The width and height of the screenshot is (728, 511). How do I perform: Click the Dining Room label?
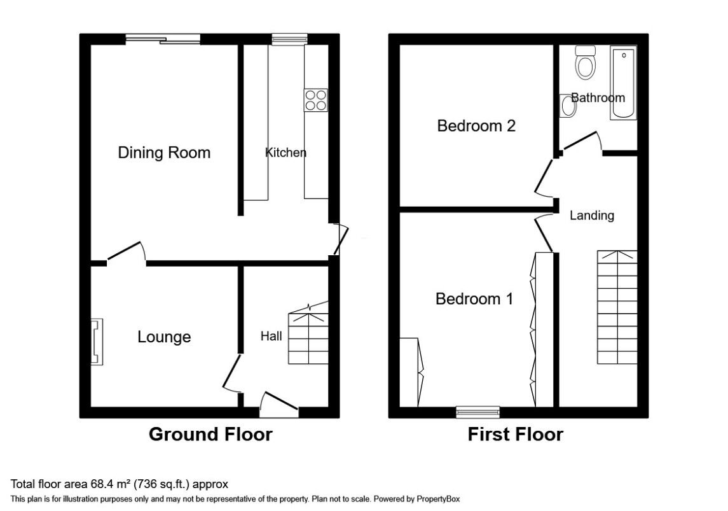coord(164,153)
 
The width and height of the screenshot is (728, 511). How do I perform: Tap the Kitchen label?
coord(285,153)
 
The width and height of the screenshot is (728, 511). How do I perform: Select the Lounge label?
coord(164,337)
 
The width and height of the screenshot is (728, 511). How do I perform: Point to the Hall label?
coord(271,336)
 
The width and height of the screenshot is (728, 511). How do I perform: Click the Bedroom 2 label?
coord(476,126)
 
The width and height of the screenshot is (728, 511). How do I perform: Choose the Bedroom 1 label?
coord(474,298)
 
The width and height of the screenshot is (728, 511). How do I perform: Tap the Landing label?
coord(591,215)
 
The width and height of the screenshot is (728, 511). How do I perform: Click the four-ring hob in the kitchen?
coord(317,100)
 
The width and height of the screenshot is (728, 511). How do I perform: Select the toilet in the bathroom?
coord(584,62)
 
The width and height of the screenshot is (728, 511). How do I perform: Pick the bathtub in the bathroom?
coord(623,83)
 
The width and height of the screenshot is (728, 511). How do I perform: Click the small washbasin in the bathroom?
coord(568,106)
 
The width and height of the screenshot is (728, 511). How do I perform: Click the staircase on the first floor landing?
coord(617,307)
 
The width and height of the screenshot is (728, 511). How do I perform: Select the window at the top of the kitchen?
coord(289,39)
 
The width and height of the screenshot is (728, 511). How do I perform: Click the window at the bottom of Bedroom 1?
coord(477,412)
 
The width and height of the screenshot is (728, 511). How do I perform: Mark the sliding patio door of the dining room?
coord(163,39)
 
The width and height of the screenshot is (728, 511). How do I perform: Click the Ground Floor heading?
coord(210,435)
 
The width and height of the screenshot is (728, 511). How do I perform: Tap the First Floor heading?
coord(515,435)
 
